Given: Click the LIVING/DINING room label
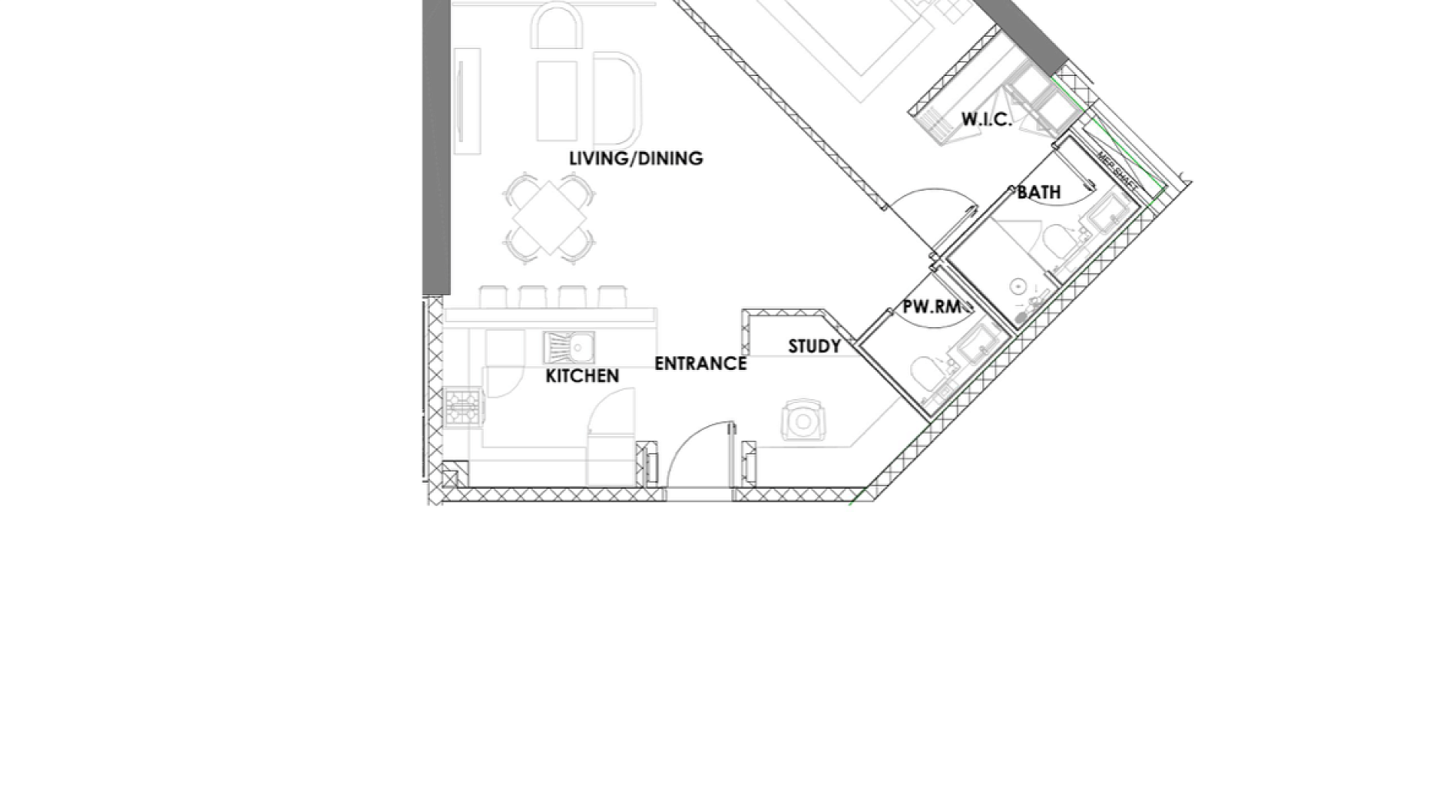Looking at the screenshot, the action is coord(636,159).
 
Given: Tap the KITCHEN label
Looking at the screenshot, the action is coord(582,376).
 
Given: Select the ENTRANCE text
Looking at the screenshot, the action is coord(700,364).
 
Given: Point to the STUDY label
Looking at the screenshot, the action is coord(815,347).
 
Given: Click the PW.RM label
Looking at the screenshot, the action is coord(932,307).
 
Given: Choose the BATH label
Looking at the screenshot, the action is coord(1039,192).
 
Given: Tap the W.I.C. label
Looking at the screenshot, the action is coord(987,120).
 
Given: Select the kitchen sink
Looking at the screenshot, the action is coord(569,347).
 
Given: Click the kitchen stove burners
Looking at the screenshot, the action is coord(464,408).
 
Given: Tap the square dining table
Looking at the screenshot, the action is coord(549,217).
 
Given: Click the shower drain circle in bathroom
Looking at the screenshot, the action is coord(1018,286).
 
